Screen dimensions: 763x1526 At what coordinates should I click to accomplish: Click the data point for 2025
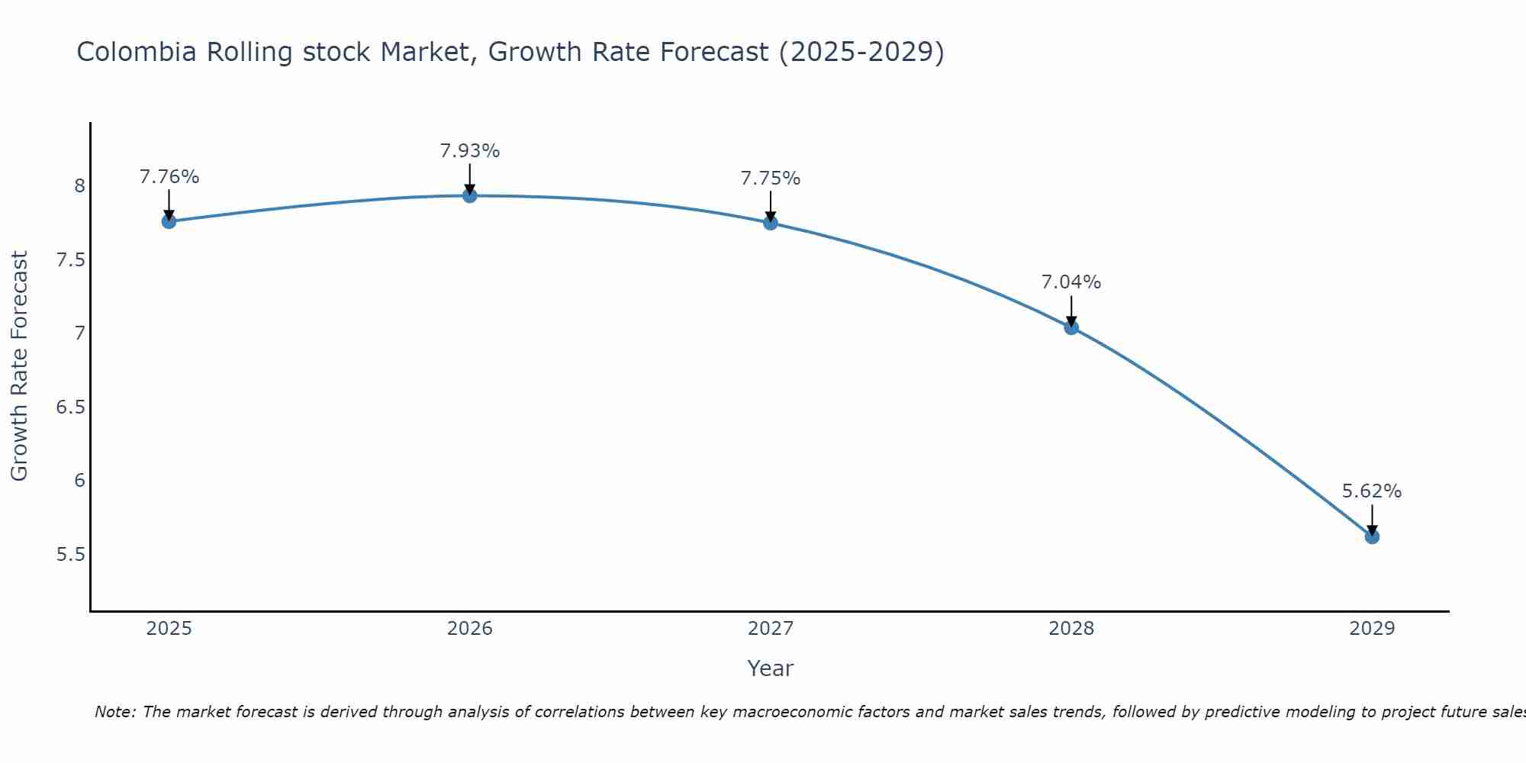point(169,221)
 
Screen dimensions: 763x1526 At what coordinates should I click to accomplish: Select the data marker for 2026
point(469,196)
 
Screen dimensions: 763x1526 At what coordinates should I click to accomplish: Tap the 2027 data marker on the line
point(770,223)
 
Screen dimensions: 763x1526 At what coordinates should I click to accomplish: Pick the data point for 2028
point(1071,328)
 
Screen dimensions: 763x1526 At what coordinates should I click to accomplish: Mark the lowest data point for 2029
point(1372,536)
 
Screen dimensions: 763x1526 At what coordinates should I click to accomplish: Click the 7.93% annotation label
point(469,151)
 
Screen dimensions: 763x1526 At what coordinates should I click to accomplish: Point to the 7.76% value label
point(169,177)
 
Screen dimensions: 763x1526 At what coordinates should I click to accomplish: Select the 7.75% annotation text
point(770,179)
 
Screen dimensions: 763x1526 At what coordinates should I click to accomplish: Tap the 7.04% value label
point(1071,282)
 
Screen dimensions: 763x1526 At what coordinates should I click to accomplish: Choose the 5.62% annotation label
point(1372,491)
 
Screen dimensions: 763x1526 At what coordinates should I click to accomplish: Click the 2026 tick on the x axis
point(469,629)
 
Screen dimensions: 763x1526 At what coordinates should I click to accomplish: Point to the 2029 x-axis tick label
point(1372,629)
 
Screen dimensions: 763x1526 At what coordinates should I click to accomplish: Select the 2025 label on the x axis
point(169,629)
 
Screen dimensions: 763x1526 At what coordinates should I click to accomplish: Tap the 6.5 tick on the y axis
point(70,407)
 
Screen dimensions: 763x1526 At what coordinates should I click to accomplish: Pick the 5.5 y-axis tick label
point(70,554)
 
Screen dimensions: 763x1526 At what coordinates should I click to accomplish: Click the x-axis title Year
point(770,668)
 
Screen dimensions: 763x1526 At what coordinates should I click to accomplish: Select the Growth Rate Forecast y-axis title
point(19,366)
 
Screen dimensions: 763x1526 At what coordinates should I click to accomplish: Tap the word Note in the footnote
point(114,712)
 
